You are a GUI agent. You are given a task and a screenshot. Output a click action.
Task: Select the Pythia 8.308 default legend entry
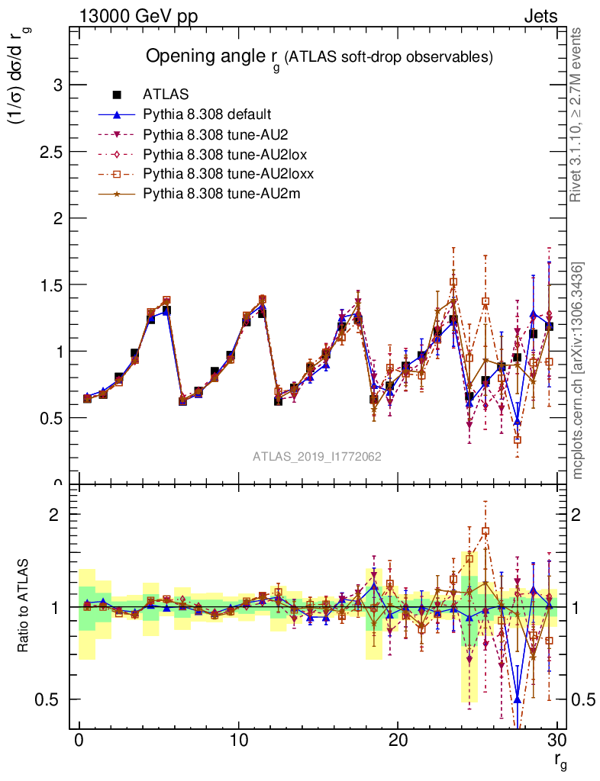[x=207, y=114]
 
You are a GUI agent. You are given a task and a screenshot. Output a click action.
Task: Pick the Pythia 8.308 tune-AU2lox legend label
[x=218, y=154]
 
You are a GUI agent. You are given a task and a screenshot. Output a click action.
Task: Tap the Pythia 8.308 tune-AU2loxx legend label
[x=221, y=174]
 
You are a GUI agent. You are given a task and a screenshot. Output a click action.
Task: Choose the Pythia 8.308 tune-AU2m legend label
[x=214, y=194]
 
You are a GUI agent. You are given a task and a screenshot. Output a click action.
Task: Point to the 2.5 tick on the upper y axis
[x=50, y=151]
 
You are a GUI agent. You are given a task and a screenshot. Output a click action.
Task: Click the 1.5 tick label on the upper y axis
[x=50, y=284]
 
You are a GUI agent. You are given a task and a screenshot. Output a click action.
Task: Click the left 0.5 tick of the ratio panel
[x=50, y=699]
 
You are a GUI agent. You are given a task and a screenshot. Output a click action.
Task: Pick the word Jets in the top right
[x=540, y=16]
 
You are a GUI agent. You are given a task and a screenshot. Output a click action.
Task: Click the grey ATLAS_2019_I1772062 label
[x=318, y=456]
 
